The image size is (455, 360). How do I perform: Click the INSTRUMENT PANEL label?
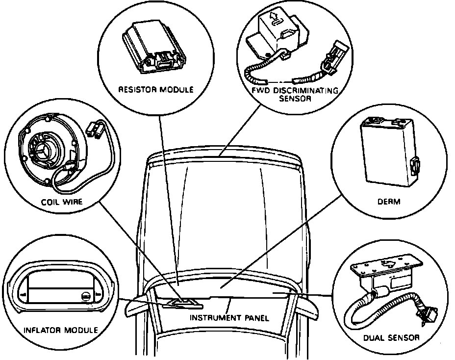(x=229, y=317)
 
